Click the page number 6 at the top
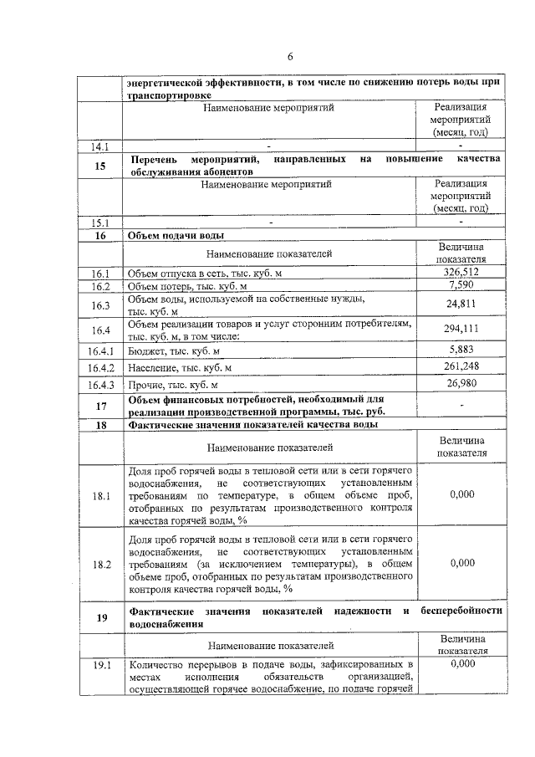point(290,57)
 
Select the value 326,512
point(461,273)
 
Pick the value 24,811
point(461,304)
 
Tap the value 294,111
point(461,329)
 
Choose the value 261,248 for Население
point(461,367)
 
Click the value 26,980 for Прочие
point(461,385)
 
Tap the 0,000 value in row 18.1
point(461,495)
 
